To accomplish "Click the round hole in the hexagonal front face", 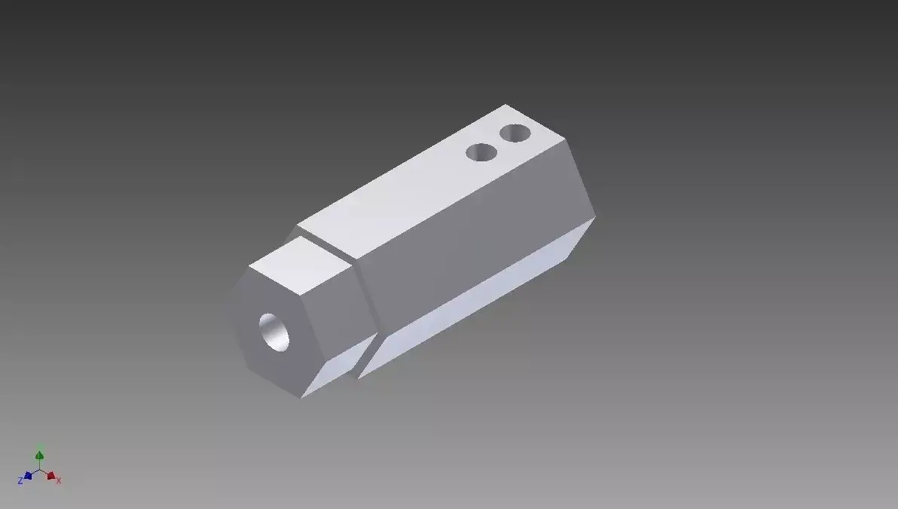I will [274, 332].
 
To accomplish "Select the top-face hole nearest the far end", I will [515, 134].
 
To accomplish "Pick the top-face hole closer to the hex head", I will [481, 153].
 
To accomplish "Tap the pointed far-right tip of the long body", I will [595, 219].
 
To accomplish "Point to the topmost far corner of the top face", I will [506, 105].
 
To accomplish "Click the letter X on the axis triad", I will [59, 480].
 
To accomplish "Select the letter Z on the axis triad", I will [20, 481].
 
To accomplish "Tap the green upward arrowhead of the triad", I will [40, 455].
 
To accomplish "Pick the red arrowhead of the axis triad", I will [50, 476].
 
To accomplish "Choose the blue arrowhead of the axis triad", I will [28, 476].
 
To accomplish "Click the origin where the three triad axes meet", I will [40, 470].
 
